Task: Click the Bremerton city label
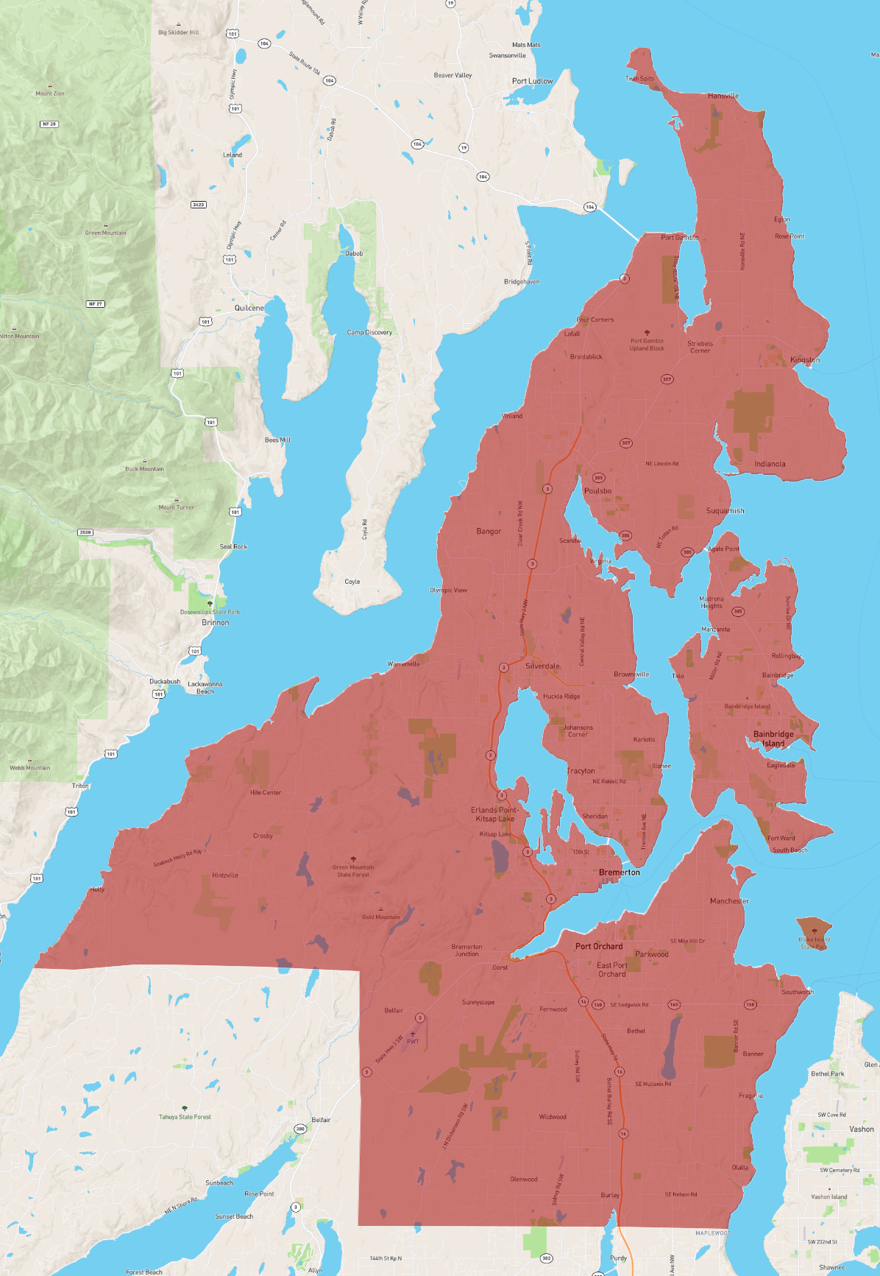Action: tap(620, 873)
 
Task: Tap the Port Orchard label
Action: tap(599, 946)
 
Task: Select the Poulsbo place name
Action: tap(597, 491)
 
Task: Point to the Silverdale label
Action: tap(542, 666)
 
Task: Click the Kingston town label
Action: tap(805, 360)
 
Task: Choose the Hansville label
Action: tap(723, 96)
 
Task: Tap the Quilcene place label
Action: tap(249, 308)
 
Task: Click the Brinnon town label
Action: tap(216, 622)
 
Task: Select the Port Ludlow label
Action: tap(533, 81)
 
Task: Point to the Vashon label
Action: tap(862, 1129)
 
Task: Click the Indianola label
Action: tap(770, 464)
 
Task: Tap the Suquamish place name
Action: tap(725, 510)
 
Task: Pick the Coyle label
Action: tap(352, 582)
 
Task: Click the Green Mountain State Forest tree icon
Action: tap(354, 859)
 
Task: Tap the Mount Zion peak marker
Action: tap(50, 86)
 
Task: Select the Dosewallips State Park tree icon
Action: tap(210, 604)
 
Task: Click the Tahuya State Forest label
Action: tap(185, 1117)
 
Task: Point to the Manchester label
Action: tap(729, 900)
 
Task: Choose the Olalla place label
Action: tap(740, 1167)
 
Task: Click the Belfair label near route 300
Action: tap(321, 1120)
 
